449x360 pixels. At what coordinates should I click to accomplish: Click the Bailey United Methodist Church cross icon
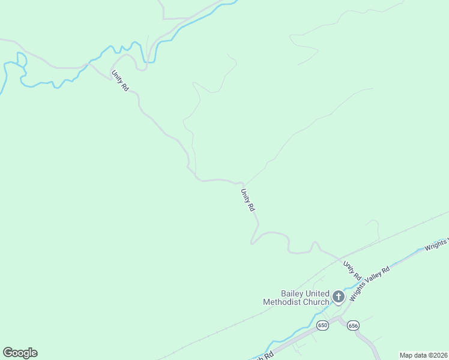click(338, 296)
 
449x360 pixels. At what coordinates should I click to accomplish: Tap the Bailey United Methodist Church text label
click(297, 298)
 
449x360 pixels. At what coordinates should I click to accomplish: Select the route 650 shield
click(323, 325)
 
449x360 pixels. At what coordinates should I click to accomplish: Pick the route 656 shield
click(352, 325)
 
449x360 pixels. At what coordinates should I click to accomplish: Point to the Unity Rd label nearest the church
click(352, 271)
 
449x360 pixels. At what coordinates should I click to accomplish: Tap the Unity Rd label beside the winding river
click(119, 80)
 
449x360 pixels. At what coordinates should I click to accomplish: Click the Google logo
click(20, 353)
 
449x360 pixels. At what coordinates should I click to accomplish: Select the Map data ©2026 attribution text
click(423, 355)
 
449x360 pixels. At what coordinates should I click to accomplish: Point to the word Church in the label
click(317, 302)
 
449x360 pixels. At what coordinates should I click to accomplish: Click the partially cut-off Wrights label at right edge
click(436, 244)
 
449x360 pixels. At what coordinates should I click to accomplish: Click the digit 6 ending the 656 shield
click(356, 325)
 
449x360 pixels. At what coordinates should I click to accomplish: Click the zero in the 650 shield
click(326, 325)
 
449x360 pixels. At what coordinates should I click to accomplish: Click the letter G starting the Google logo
click(8, 353)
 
